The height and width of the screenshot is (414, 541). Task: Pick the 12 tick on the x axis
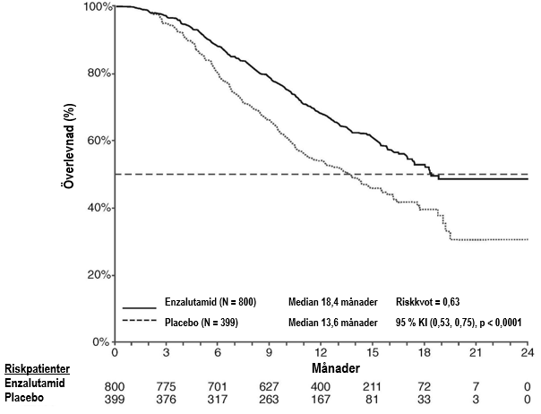[321, 352]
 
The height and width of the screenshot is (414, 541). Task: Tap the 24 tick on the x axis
[527, 352]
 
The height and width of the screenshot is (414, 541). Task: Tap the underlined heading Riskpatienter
[39, 368]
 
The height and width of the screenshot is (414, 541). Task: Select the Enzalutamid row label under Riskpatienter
[35, 383]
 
